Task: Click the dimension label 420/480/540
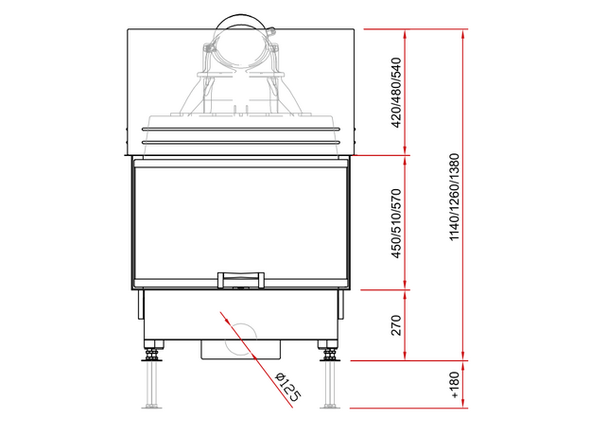[x=396, y=93]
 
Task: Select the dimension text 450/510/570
[x=396, y=223]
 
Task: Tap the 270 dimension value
[x=396, y=325]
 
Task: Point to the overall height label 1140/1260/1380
[x=455, y=197]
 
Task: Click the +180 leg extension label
[x=455, y=385]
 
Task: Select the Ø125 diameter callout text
[x=288, y=388]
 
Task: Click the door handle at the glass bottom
[x=241, y=280]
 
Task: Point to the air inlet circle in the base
[x=241, y=339]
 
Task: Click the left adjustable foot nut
[x=151, y=354]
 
